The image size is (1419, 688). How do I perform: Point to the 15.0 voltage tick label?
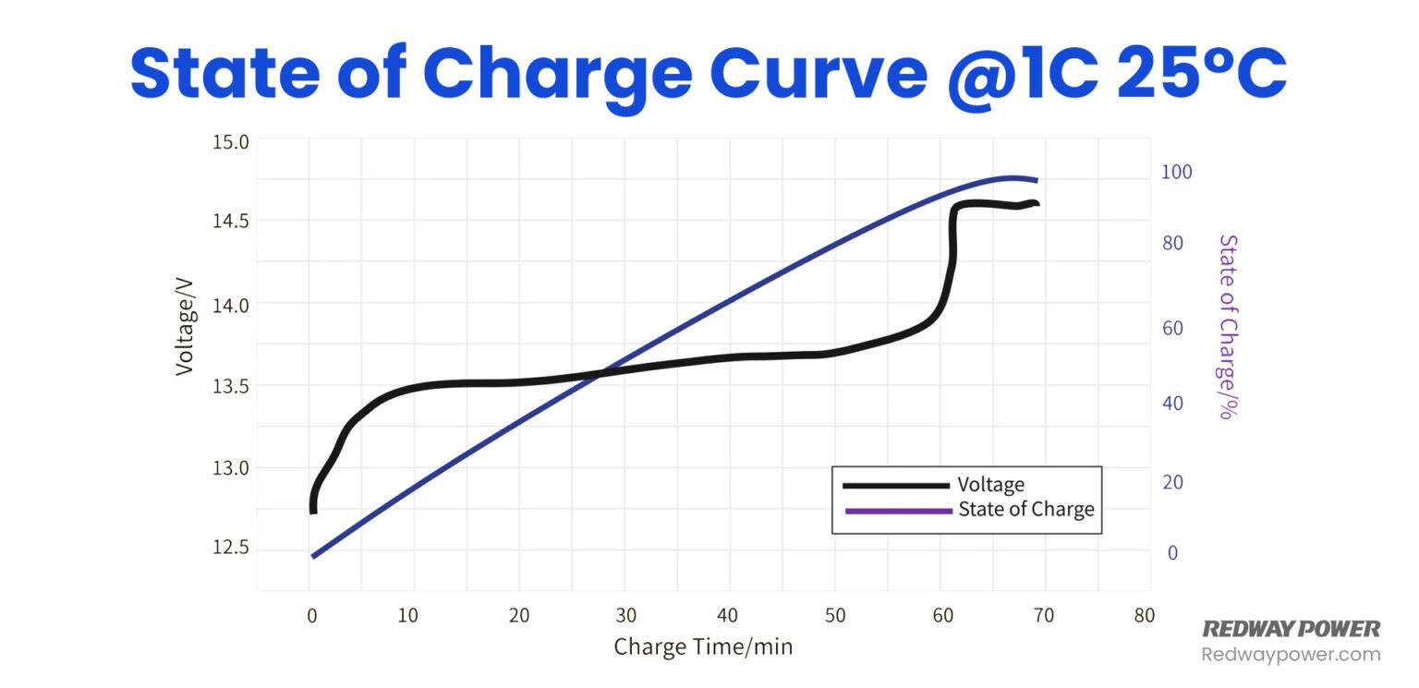(x=231, y=142)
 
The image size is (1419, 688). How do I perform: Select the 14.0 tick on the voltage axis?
(x=231, y=306)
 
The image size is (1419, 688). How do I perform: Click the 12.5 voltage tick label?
(x=231, y=547)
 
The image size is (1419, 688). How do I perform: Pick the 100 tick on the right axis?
(x=1176, y=172)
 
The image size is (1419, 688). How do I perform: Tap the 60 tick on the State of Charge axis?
(x=1172, y=328)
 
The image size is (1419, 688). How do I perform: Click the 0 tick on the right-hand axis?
(x=1172, y=553)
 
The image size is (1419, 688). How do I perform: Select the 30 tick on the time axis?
(x=625, y=615)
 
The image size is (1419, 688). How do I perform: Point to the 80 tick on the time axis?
(x=1144, y=615)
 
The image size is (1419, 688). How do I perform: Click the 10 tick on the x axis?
(x=407, y=615)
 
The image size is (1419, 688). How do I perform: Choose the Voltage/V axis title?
(x=185, y=327)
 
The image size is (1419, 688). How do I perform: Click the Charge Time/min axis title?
(x=703, y=646)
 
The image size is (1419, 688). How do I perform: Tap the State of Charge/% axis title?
(x=1229, y=327)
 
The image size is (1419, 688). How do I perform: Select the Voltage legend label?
(x=990, y=485)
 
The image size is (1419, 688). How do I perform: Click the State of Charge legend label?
(x=1026, y=510)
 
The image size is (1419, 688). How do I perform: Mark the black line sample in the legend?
(x=896, y=486)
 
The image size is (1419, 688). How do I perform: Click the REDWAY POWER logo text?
(x=1291, y=629)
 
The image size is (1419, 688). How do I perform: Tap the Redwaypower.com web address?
(x=1291, y=655)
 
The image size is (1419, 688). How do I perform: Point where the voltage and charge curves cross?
(x=603, y=372)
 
